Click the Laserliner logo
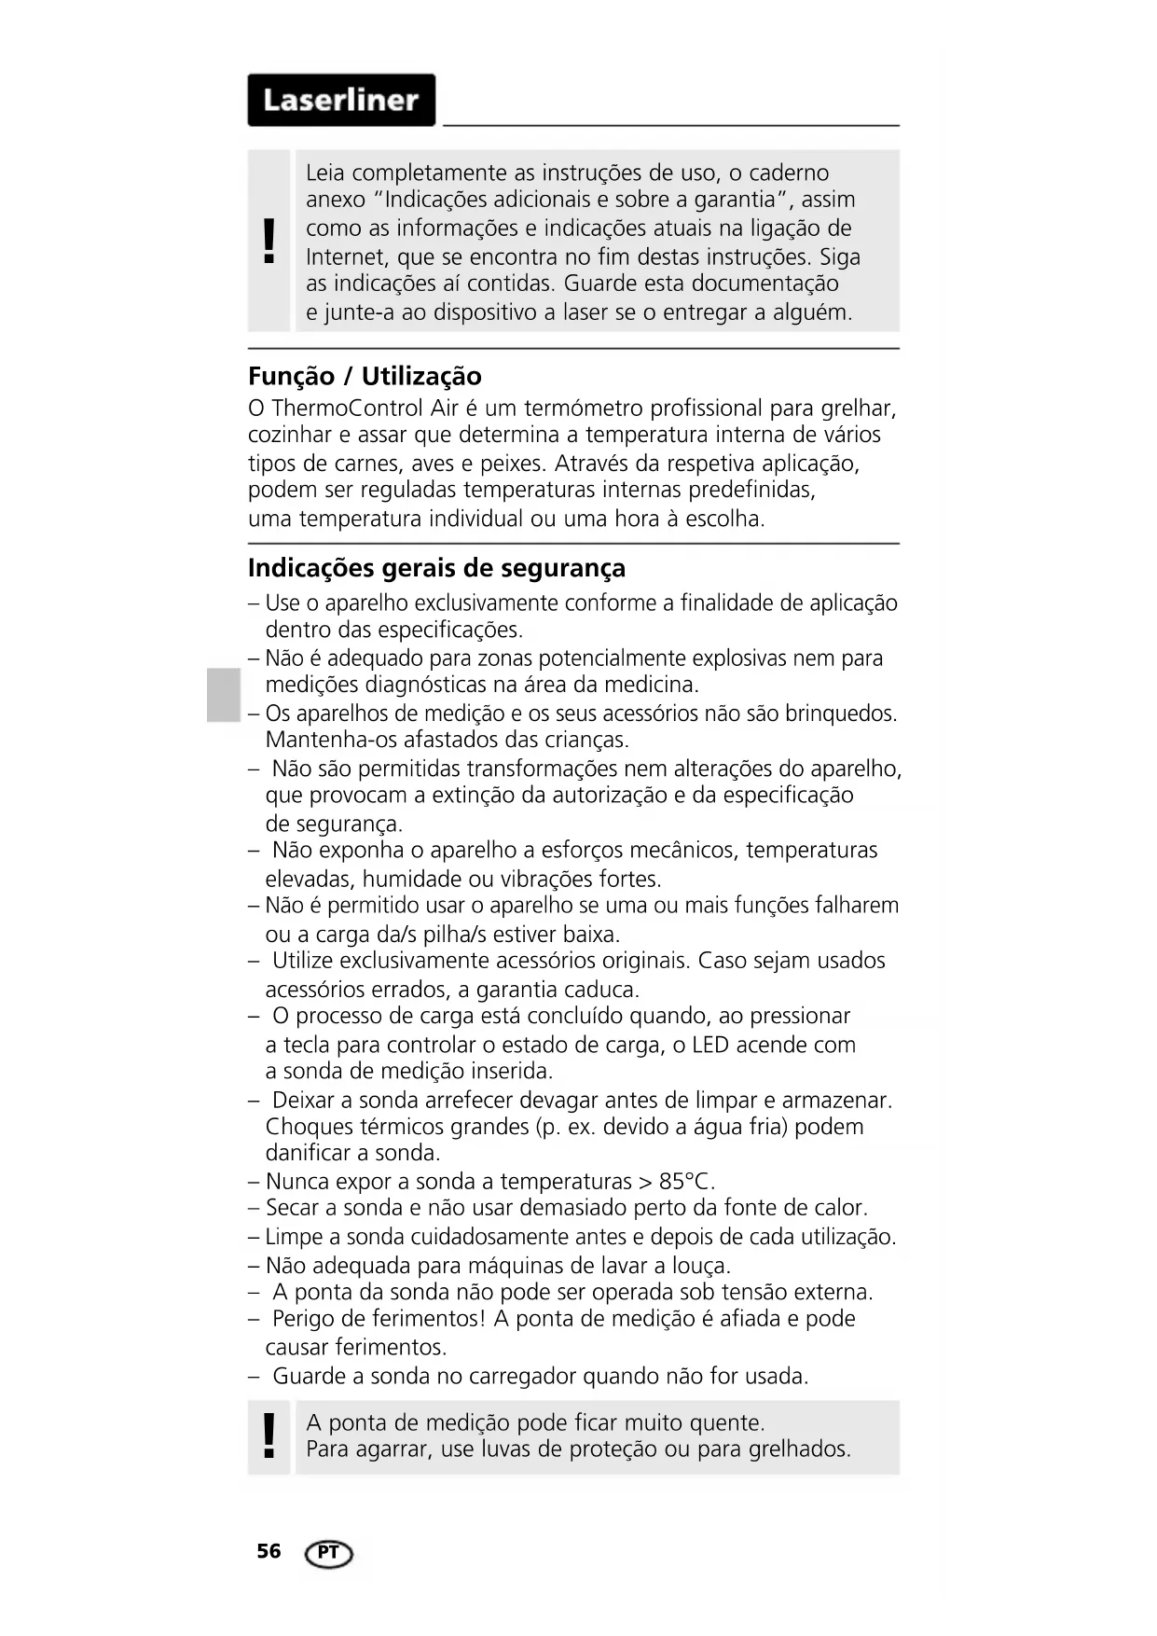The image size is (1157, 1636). point(341,100)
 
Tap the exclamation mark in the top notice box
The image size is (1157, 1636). point(269,241)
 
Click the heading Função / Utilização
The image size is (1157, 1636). point(365,377)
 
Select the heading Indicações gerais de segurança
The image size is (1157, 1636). point(436,568)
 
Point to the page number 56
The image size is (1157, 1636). point(269,1551)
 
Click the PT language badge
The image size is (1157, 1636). point(328,1553)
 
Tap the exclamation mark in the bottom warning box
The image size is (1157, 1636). point(269,1435)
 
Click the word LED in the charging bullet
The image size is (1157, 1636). point(710,1045)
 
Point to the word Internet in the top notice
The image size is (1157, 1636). point(348,256)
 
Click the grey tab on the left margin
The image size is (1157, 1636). point(224,695)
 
